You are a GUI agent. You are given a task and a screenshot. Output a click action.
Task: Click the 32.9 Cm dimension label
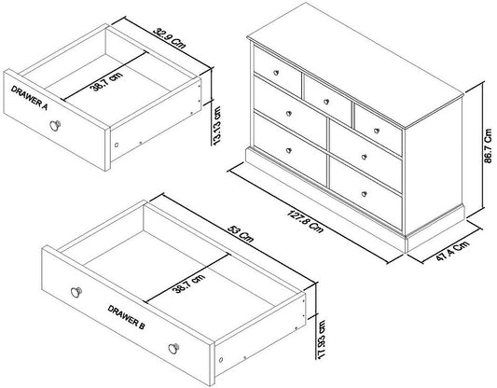coord(170,38)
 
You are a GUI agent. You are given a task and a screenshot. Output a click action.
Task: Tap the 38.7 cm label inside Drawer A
coord(106,81)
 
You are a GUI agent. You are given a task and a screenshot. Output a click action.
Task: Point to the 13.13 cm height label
coord(217,126)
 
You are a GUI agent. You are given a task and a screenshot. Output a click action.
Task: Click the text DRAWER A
coord(29,98)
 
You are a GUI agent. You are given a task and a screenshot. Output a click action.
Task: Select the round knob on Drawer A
coord(55,125)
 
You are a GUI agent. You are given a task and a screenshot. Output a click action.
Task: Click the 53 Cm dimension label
coord(241,233)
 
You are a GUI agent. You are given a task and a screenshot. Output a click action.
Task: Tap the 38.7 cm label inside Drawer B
coord(188,284)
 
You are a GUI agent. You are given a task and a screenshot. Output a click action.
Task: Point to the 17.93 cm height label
coord(321,339)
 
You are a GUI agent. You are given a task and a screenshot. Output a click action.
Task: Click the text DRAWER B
coord(126,317)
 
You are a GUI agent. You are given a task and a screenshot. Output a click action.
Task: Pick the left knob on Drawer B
coord(76,292)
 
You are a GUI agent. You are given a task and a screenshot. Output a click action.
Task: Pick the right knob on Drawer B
coord(173,349)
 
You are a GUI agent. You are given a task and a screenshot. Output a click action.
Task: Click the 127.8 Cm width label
coord(305,222)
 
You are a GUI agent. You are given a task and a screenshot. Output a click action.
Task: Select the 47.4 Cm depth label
coord(452,251)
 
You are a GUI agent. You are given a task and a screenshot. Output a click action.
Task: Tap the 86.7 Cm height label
coord(488,145)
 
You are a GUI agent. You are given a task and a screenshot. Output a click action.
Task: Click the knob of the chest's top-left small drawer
coord(276,73)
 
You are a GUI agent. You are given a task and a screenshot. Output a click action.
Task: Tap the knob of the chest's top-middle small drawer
coord(326,102)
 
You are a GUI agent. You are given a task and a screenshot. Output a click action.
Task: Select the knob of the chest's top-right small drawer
coord(377,131)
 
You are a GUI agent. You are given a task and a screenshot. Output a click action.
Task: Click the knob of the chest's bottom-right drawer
coord(365,194)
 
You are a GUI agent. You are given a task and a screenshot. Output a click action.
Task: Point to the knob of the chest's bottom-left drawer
coord(289,150)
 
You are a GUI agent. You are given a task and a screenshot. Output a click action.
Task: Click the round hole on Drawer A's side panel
coord(117,145)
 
